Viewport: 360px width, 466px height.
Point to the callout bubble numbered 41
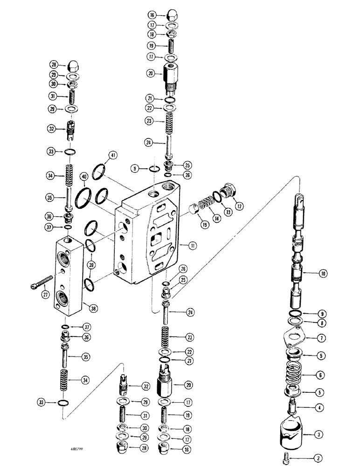112,155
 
